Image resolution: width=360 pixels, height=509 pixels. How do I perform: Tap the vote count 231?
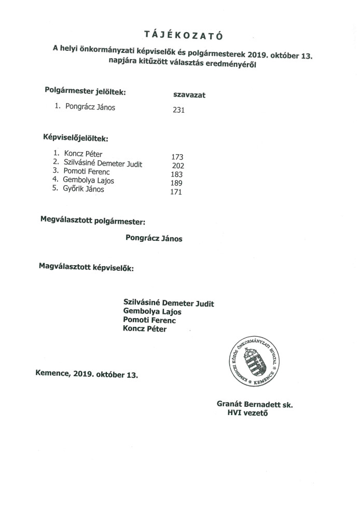pyautogui.click(x=178, y=110)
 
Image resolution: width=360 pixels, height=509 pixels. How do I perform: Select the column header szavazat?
pyautogui.click(x=189, y=95)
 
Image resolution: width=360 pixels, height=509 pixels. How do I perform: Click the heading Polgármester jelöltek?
pyautogui.click(x=86, y=92)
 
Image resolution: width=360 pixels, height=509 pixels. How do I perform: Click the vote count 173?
pyautogui.click(x=177, y=156)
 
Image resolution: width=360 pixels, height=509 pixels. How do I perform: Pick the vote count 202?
pyautogui.click(x=178, y=166)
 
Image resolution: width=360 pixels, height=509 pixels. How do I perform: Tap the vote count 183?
pyautogui.click(x=177, y=174)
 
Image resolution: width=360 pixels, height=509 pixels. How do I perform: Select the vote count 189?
pyautogui.click(x=177, y=183)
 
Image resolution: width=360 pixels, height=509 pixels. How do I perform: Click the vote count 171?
pyautogui.click(x=177, y=192)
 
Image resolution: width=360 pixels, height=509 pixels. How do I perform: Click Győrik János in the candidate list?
pyautogui.click(x=84, y=189)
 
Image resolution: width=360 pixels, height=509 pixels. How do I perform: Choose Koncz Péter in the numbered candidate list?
pyautogui.click(x=84, y=154)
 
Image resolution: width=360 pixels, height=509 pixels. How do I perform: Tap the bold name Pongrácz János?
pyautogui.click(x=154, y=239)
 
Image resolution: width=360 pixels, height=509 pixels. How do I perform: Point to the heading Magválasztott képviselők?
pyautogui.click(x=86, y=268)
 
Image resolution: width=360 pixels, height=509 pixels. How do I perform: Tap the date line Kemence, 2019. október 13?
pyautogui.click(x=87, y=374)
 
